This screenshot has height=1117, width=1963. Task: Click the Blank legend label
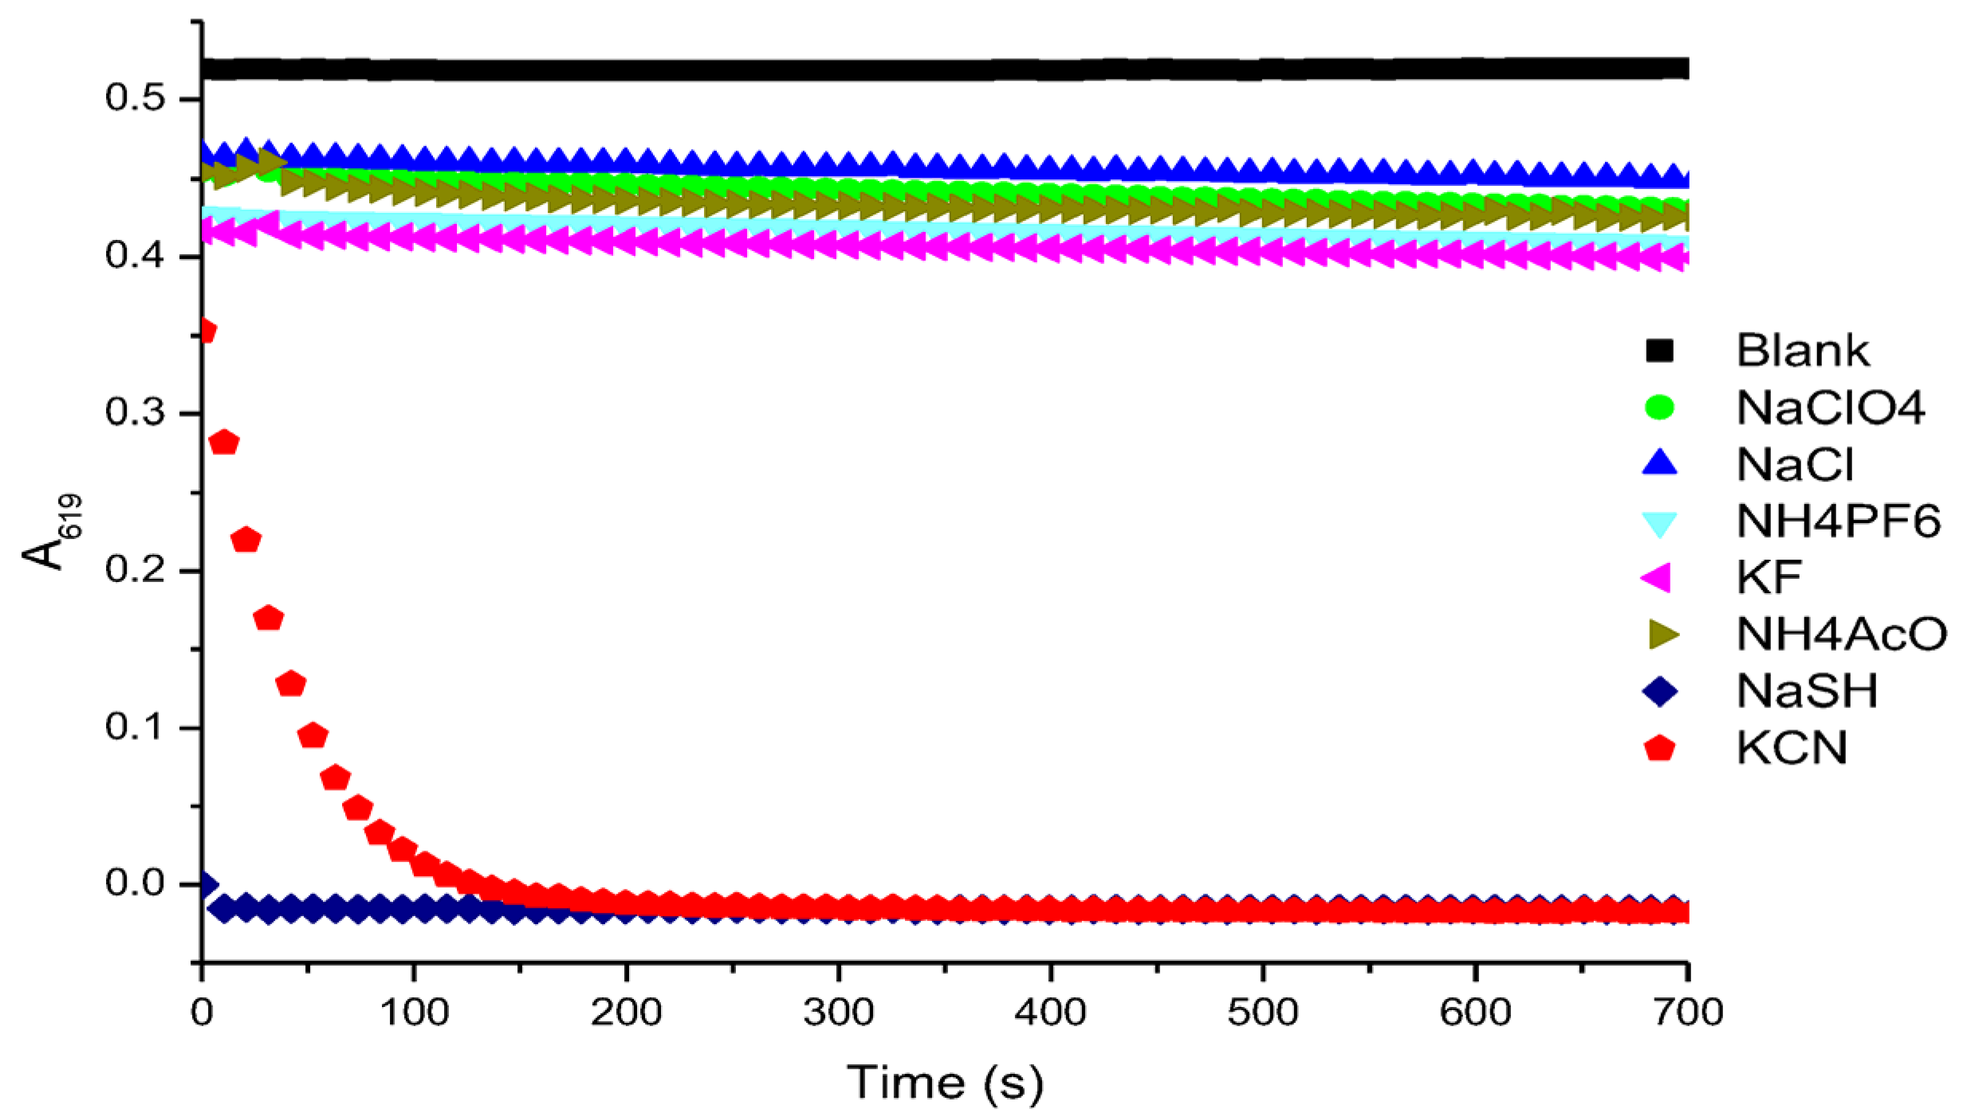pos(1802,351)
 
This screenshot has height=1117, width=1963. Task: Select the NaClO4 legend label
pos(1830,408)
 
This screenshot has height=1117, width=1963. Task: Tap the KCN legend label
pos(1792,748)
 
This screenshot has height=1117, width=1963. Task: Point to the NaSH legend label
pos(1807,690)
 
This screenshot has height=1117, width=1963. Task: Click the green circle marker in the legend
pos(1659,407)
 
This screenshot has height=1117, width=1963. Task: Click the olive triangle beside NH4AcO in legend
pos(1662,635)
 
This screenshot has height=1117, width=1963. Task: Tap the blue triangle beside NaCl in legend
pos(1659,463)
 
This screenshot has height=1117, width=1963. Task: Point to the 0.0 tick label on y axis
pos(135,883)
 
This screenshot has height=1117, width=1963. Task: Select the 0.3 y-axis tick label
pos(135,412)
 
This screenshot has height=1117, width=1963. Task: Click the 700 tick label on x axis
pos(1688,1013)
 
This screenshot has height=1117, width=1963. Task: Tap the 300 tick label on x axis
pos(838,1013)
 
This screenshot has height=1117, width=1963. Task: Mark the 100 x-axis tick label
pos(414,1013)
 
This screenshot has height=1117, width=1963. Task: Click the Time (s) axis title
pos(945,1083)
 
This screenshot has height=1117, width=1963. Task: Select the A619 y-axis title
pos(49,532)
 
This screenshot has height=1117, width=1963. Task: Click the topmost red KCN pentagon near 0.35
pos(206,331)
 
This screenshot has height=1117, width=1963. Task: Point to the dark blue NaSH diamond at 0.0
pos(205,884)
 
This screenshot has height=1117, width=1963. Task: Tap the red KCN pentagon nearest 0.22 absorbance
pos(246,540)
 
